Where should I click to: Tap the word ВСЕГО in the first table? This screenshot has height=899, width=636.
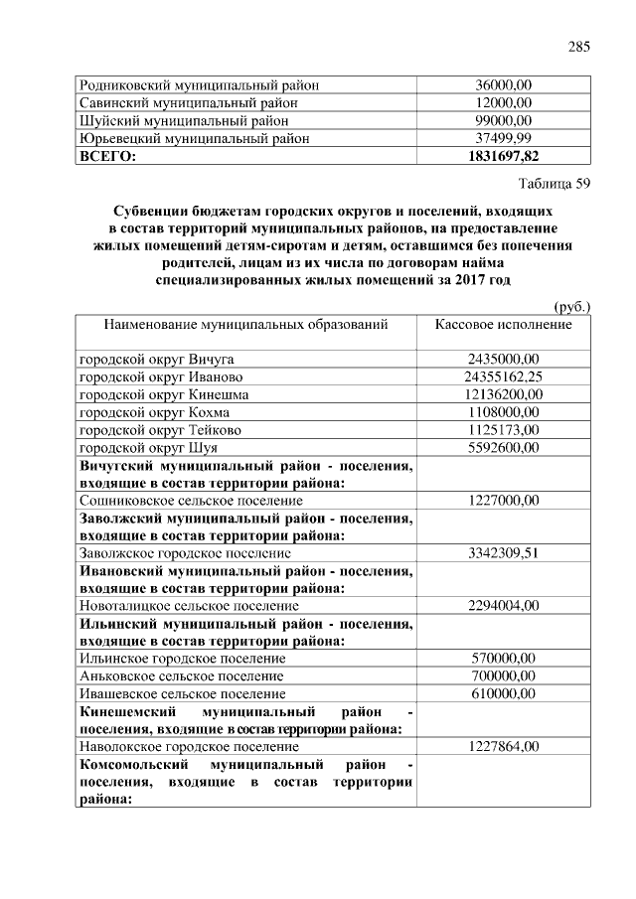(106, 156)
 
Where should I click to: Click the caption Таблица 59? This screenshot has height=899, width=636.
(555, 184)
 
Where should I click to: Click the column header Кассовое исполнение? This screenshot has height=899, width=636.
(503, 325)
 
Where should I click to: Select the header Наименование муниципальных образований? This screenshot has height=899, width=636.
(244, 325)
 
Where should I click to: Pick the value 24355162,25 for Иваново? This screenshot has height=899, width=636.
(503, 376)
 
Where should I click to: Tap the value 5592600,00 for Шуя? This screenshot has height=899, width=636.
(503, 448)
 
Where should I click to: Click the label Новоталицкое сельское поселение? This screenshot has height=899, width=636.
(189, 605)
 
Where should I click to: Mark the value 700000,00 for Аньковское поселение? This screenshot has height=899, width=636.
(503, 675)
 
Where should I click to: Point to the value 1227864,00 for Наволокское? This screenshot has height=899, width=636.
(503, 746)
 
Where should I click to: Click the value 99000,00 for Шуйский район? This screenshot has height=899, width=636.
(503, 120)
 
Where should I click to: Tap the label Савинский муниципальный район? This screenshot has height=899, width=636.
(189, 102)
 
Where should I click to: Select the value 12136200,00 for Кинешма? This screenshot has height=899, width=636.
(503, 394)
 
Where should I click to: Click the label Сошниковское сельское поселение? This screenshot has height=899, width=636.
(191, 501)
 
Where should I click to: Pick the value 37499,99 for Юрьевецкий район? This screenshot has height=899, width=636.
(503, 138)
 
